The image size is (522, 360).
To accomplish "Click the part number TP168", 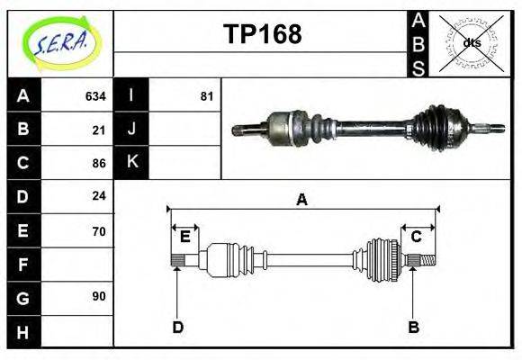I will coord(262,34).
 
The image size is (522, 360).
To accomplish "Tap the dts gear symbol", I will coord(472,42).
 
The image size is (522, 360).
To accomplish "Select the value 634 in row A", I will coord(95,95).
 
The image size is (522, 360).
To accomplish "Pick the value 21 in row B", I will coord(99,130).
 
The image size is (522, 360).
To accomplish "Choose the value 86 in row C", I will coord(99,163).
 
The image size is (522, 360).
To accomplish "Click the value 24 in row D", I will coord(99,195).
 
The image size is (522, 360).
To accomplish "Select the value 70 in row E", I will coord(99,231).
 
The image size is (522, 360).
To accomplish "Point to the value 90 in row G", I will coord(99,295).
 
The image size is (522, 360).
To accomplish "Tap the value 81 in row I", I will coord(206,95).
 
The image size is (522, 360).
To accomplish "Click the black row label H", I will coord(23,332).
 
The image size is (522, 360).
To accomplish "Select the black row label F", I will coord(23,265).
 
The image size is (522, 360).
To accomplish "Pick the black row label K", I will coord(131,163).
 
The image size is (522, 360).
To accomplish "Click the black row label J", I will coord(131,130).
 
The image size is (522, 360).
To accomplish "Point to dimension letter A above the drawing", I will coord(302,200).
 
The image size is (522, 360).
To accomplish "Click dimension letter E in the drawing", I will coord(184,237).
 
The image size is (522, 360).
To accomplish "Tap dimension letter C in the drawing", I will coord(417,237).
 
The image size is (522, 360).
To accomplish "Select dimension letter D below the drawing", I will coord(177,327).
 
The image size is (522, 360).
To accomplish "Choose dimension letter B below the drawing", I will coord(414,327).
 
